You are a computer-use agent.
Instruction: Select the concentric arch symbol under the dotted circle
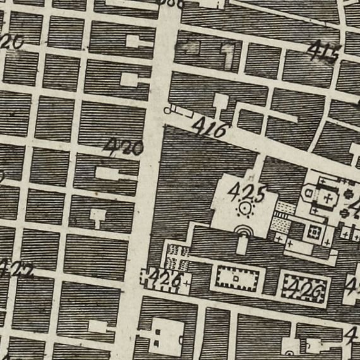click(242, 230)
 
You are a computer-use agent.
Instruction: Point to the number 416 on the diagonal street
click(209, 129)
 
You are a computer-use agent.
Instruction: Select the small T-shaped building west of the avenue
click(97, 217)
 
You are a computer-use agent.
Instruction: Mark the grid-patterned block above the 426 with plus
click(179, 254)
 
